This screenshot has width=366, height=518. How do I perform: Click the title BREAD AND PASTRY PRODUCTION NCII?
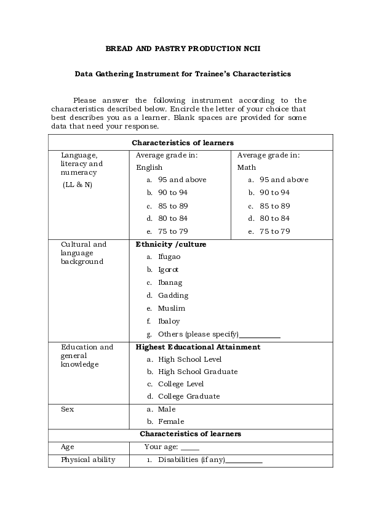coord(183,47)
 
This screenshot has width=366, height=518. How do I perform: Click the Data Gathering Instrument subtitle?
coord(183,73)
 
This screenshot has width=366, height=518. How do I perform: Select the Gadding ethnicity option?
coord(173,295)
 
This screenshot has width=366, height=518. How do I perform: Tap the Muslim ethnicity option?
coord(171,308)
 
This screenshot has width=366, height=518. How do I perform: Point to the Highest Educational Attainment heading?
coord(197,347)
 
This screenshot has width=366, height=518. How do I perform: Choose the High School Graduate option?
coord(197,372)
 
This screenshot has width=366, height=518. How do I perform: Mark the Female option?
coord(171,421)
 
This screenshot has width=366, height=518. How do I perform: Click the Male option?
coord(167,409)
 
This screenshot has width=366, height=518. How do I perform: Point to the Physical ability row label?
coord(87,460)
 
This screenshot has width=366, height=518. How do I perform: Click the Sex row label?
coord(67,409)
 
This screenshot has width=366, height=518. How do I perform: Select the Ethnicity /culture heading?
coord(170,244)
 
